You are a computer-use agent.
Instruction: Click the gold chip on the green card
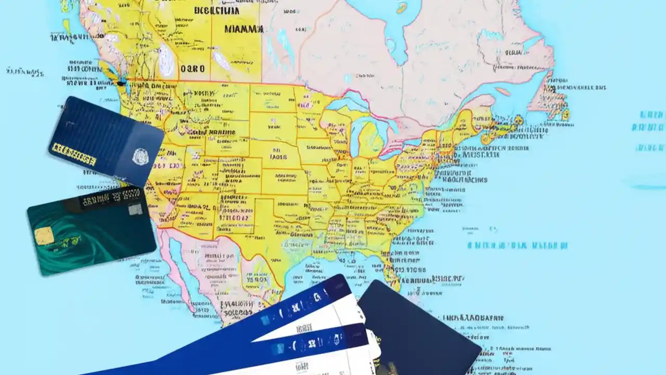pyautogui.click(x=44, y=235)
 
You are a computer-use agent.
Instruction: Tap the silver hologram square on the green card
pyautogui.click(x=135, y=209)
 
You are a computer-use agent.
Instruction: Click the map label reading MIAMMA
pyautogui.click(x=244, y=29)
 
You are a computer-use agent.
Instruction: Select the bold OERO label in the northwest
pyautogui.click(x=192, y=68)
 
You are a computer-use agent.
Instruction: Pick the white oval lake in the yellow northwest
pyautogui.click(x=166, y=60)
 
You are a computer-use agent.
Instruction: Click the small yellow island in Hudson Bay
pyautogui.click(x=401, y=8)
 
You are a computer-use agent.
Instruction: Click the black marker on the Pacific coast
pyautogui.click(x=121, y=82)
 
